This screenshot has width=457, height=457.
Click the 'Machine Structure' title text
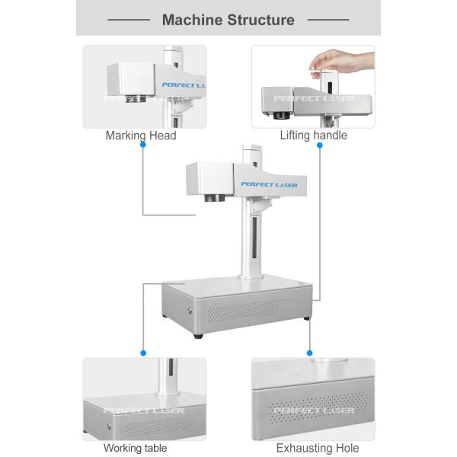click(228, 20)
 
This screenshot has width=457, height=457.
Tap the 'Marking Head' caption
click(141, 136)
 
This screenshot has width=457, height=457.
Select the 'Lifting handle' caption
click(313, 136)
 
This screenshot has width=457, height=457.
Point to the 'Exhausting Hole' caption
click(318, 448)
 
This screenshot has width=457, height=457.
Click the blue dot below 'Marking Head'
click(143, 144)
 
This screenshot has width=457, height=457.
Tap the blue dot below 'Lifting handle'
click(320, 144)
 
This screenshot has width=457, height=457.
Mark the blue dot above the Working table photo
click(143, 353)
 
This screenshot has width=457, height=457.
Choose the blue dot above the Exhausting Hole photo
click(310, 353)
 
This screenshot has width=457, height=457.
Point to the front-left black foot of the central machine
click(198, 334)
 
